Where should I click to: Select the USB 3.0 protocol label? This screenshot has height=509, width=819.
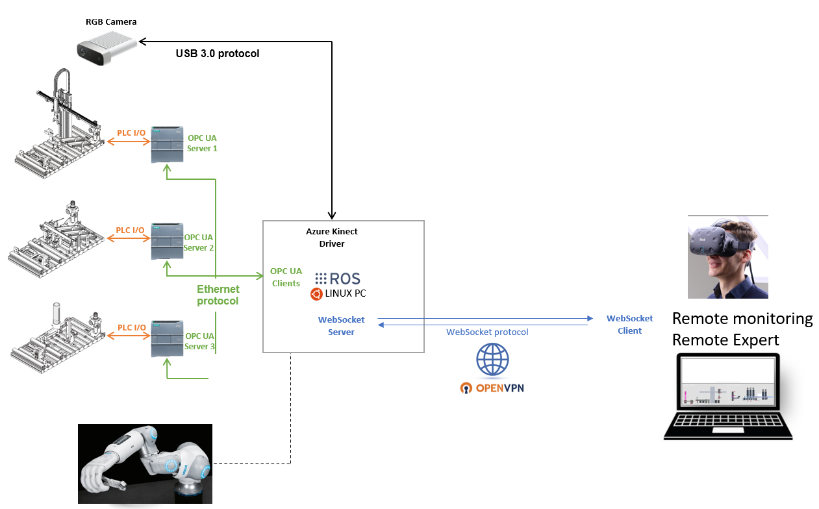coord(217,53)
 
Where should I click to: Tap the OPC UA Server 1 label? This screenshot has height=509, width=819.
coord(202,143)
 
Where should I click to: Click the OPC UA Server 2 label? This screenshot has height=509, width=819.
coord(199,242)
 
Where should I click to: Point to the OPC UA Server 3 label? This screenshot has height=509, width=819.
coord(199,341)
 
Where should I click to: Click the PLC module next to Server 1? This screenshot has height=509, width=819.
coord(168,144)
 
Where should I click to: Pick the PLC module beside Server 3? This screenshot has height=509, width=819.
coord(168,338)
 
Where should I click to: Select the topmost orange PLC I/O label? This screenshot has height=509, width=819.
coord(131,132)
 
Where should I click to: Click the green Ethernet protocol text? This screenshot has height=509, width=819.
coord(218,295)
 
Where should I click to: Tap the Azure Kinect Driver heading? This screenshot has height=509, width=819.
coord(331,238)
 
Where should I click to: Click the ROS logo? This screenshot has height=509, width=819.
coord(337,279)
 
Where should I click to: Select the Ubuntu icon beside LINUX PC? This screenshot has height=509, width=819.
coord(316,294)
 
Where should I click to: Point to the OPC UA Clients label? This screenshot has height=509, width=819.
coord(286,277)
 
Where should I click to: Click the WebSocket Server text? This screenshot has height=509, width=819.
coord(341,326)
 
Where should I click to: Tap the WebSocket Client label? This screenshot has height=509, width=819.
coord(629,325)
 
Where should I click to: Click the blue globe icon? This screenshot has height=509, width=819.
coord(492,360)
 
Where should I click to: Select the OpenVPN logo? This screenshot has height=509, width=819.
coord(492,388)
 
